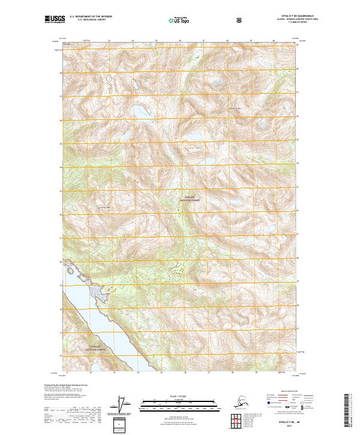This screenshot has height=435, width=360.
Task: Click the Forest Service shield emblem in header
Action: click(x=239, y=20)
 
